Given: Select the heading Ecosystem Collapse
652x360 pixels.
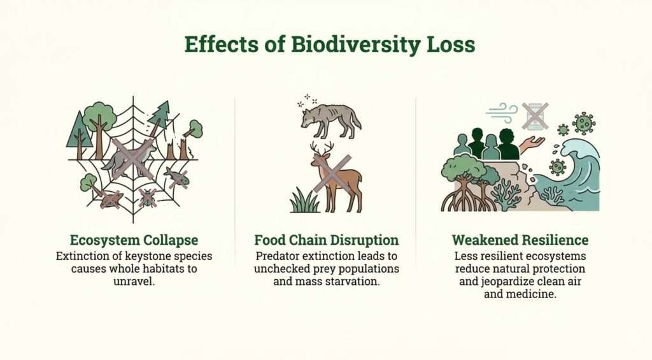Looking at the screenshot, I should pyautogui.click(x=134, y=241).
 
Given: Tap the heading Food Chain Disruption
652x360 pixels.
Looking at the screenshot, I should pyautogui.click(x=326, y=241).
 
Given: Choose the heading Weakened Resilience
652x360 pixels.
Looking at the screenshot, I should pyautogui.click(x=520, y=241).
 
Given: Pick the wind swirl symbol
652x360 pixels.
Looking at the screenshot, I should pyautogui.click(x=502, y=113).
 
